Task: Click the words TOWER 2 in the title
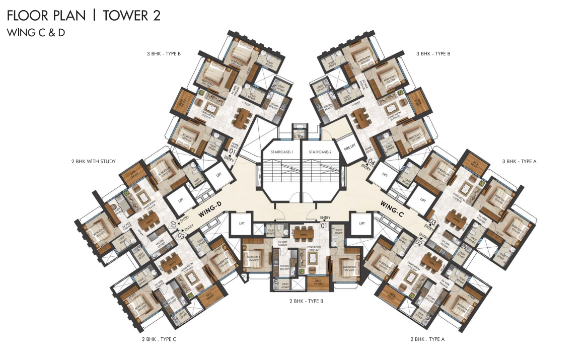131,16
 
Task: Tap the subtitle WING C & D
36,33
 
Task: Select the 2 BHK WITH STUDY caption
94,162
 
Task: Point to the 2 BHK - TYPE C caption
159,339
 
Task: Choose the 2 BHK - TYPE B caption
306,301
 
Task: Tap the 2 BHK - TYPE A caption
427,339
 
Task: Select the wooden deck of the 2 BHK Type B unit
317,284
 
